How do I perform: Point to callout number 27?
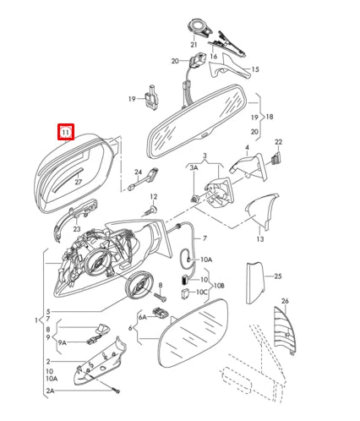click(77, 181)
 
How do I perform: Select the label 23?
click(76, 228)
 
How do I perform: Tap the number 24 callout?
click(137, 173)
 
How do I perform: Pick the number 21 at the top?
click(194, 44)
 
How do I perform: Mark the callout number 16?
click(214, 57)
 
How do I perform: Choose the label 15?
click(255, 69)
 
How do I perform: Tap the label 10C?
click(201, 292)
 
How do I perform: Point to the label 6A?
click(143, 316)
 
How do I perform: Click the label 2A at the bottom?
click(50, 391)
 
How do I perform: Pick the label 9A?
click(61, 343)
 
